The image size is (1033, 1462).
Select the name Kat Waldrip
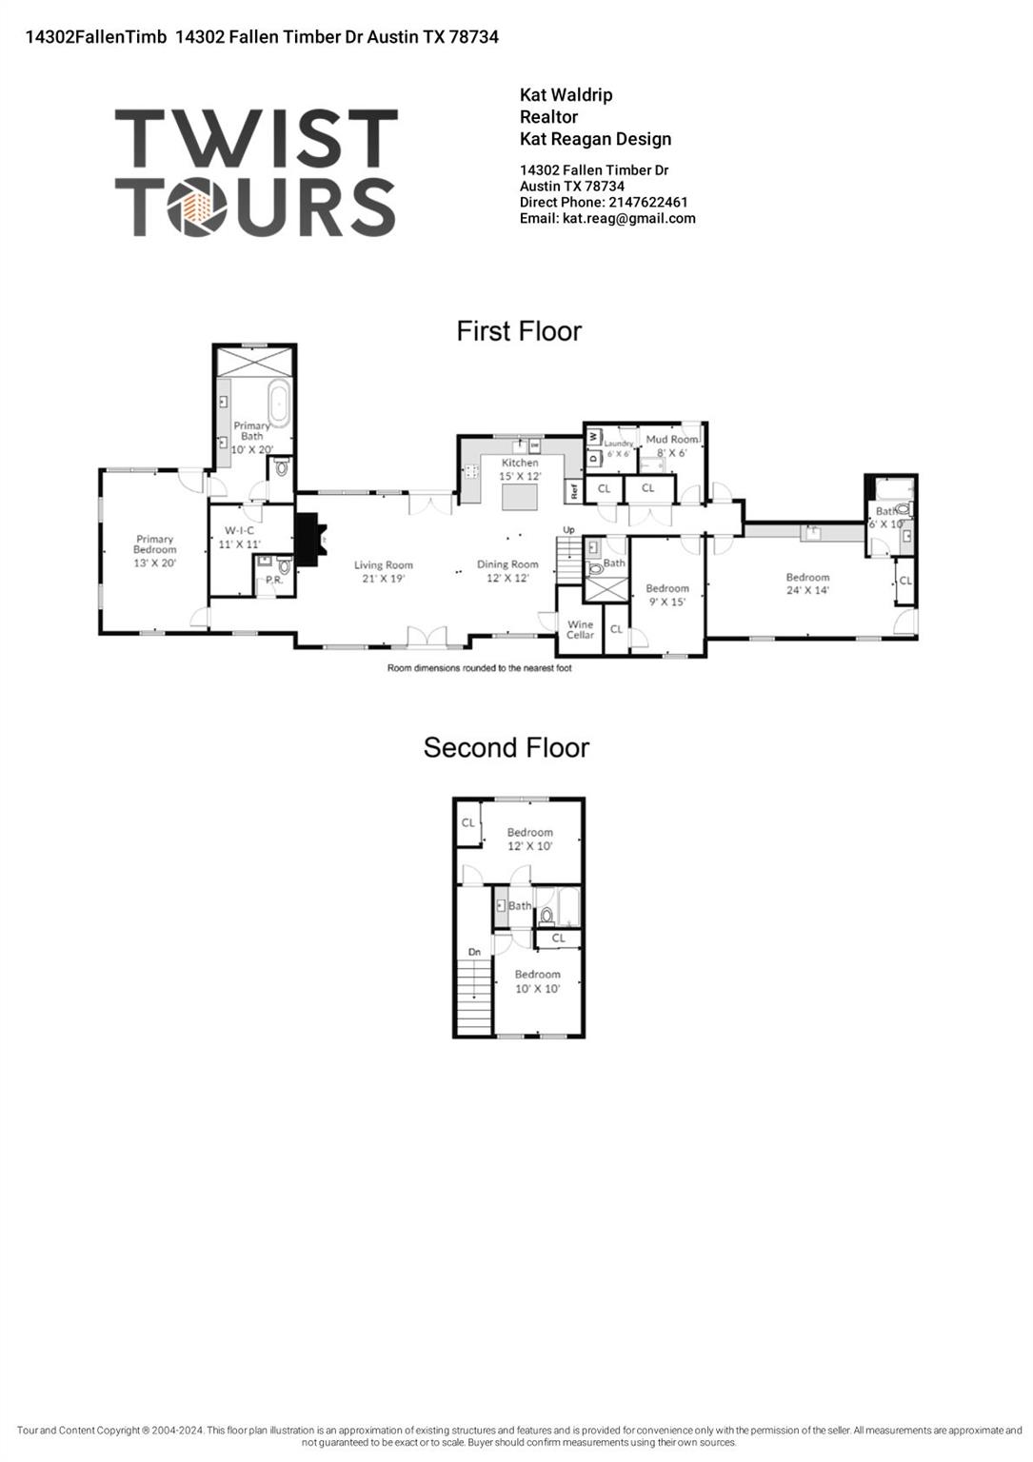pos(566,95)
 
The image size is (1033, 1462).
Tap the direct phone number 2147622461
pos(647,202)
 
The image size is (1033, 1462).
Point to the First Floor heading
pos(519,331)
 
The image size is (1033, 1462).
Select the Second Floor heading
pos(506,748)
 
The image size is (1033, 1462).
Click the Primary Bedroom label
pos(154,544)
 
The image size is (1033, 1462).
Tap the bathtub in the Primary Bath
pos(279,405)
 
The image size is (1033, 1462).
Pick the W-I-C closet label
pos(239,530)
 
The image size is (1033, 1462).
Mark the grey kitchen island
pos(519,498)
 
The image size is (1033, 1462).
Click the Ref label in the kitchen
pos(574,492)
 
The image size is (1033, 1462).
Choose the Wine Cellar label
pos(580,629)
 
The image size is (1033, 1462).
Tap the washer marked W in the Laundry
pos(593,436)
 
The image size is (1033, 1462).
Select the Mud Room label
pos(671,439)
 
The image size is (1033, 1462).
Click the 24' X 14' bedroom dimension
pos(807,590)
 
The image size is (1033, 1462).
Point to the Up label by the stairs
pos(568,530)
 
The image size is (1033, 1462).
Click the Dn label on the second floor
pos(474,952)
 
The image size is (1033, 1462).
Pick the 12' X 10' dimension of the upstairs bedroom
pos(529,846)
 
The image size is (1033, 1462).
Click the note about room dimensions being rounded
pos(479,668)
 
